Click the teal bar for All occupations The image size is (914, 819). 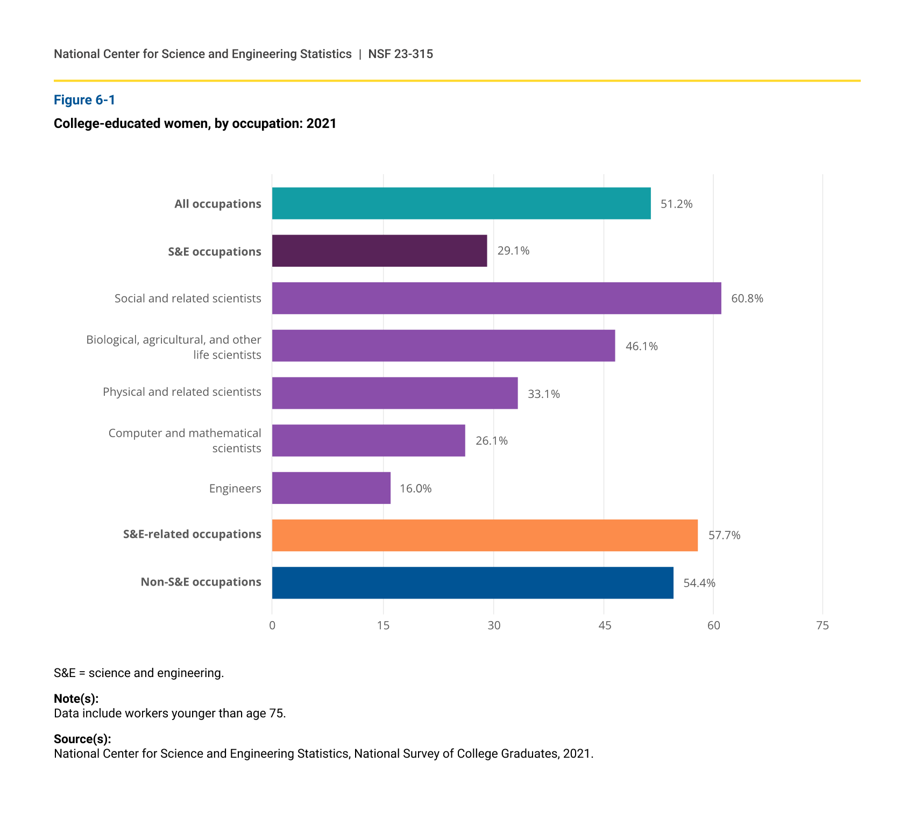tap(461, 203)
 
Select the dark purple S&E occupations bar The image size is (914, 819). tap(379, 251)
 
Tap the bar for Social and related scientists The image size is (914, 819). tap(497, 298)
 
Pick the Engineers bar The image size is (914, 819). tap(331, 488)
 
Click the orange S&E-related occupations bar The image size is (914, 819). tap(485, 535)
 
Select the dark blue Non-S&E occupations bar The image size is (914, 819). tap(473, 582)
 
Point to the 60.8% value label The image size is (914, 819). tap(747, 298)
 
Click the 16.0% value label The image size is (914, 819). tap(416, 488)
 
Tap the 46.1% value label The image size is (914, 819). tap(642, 346)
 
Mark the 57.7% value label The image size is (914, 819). tap(725, 535)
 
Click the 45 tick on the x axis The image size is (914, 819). tap(605, 625)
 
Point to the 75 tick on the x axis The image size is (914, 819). tap(823, 625)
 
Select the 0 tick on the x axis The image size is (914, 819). tap(272, 625)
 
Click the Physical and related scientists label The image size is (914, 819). tap(182, 392)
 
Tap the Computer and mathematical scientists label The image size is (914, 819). tap(185, 440)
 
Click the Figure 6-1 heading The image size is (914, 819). tap(84, 100)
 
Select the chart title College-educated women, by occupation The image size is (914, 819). tap(195, 124)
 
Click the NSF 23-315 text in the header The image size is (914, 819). tap(401, 54)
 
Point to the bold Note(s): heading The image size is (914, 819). tap(76, 699)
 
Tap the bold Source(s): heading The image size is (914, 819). tap(82, 739)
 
